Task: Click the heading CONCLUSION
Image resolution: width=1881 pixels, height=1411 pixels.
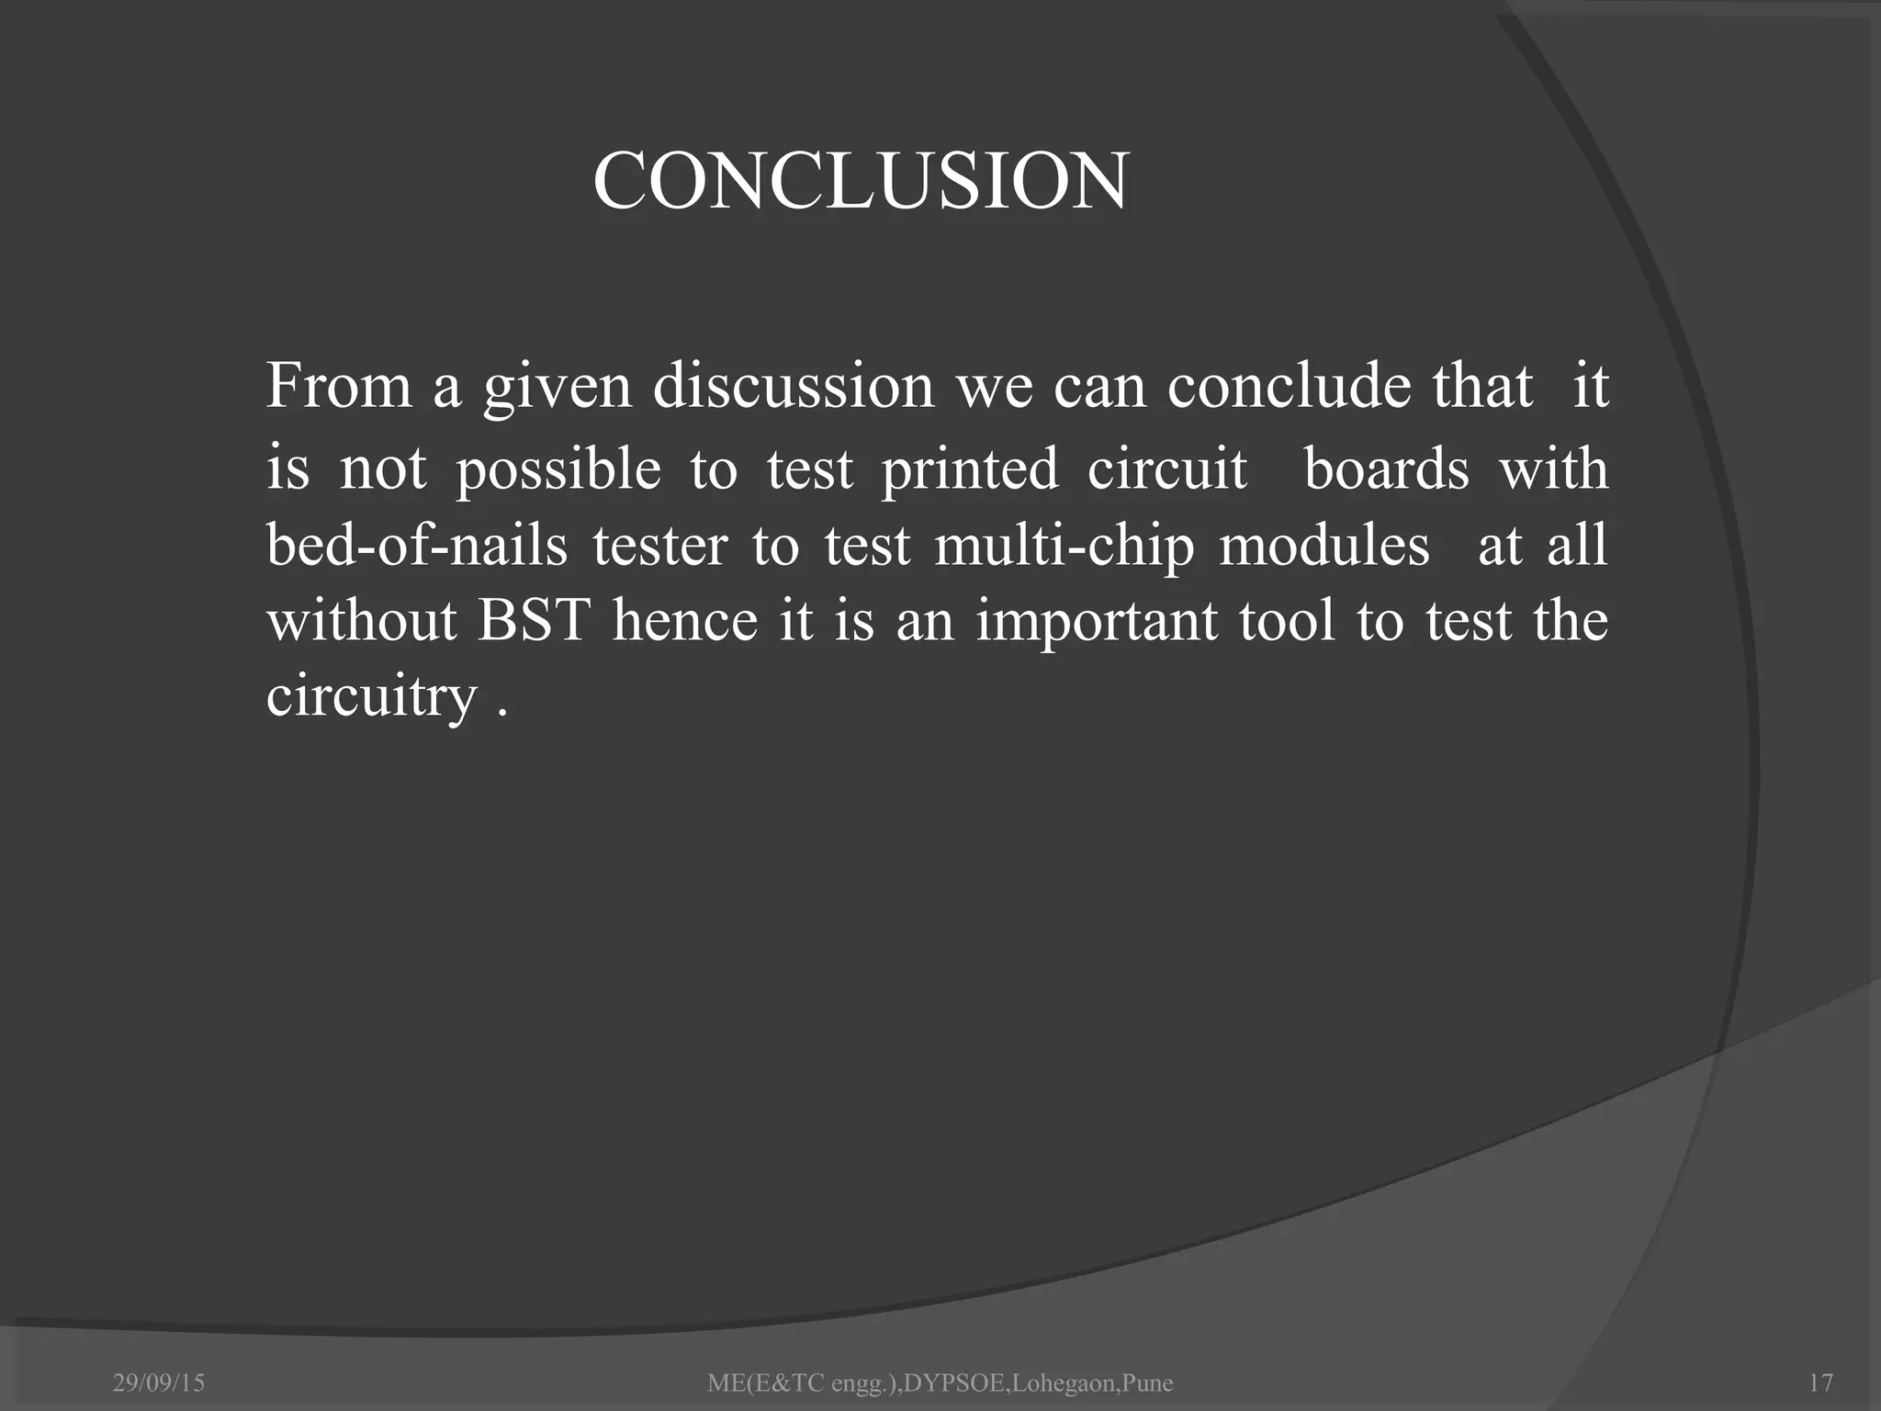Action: click(x=860, y=181)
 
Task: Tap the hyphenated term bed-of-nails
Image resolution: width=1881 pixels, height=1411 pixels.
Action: click(x=417, y=546)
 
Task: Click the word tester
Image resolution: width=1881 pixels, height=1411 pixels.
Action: click(x=659, y=546)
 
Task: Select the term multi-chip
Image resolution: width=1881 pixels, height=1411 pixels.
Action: click(x=1064, y=546)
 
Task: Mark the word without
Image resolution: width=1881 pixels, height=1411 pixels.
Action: click(x=361, y=621)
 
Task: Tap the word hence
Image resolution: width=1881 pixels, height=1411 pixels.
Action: click(x=684, y=621)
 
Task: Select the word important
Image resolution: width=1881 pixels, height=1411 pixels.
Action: click(x=1096, y=621)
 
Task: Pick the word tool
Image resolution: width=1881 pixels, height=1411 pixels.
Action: click(x=1286, y=621)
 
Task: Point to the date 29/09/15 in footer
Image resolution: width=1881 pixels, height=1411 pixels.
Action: click(x=158, y=1383)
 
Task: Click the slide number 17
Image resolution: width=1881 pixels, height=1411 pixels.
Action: click(x=1819, y=1383)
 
